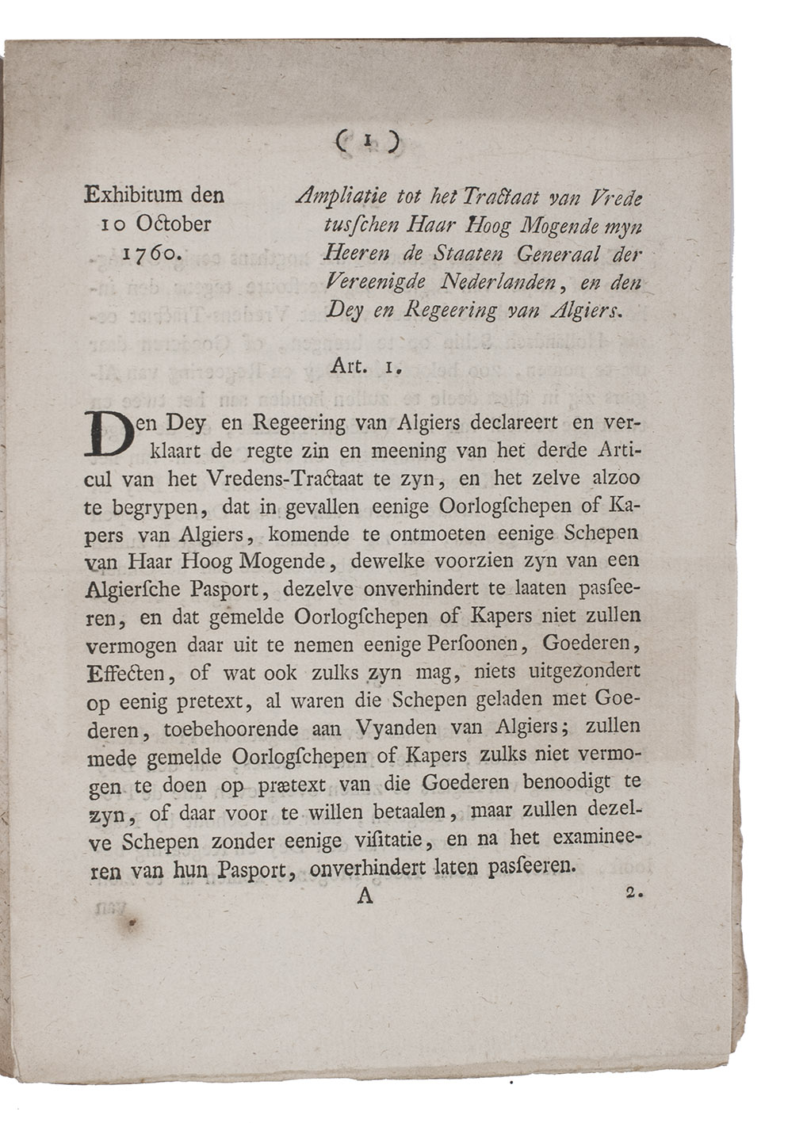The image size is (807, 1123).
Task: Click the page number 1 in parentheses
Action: click(x=365, y=142)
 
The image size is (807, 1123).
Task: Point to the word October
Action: click(x=173, y=223)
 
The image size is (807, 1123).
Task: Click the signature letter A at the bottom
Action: click(x=365, y=896)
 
